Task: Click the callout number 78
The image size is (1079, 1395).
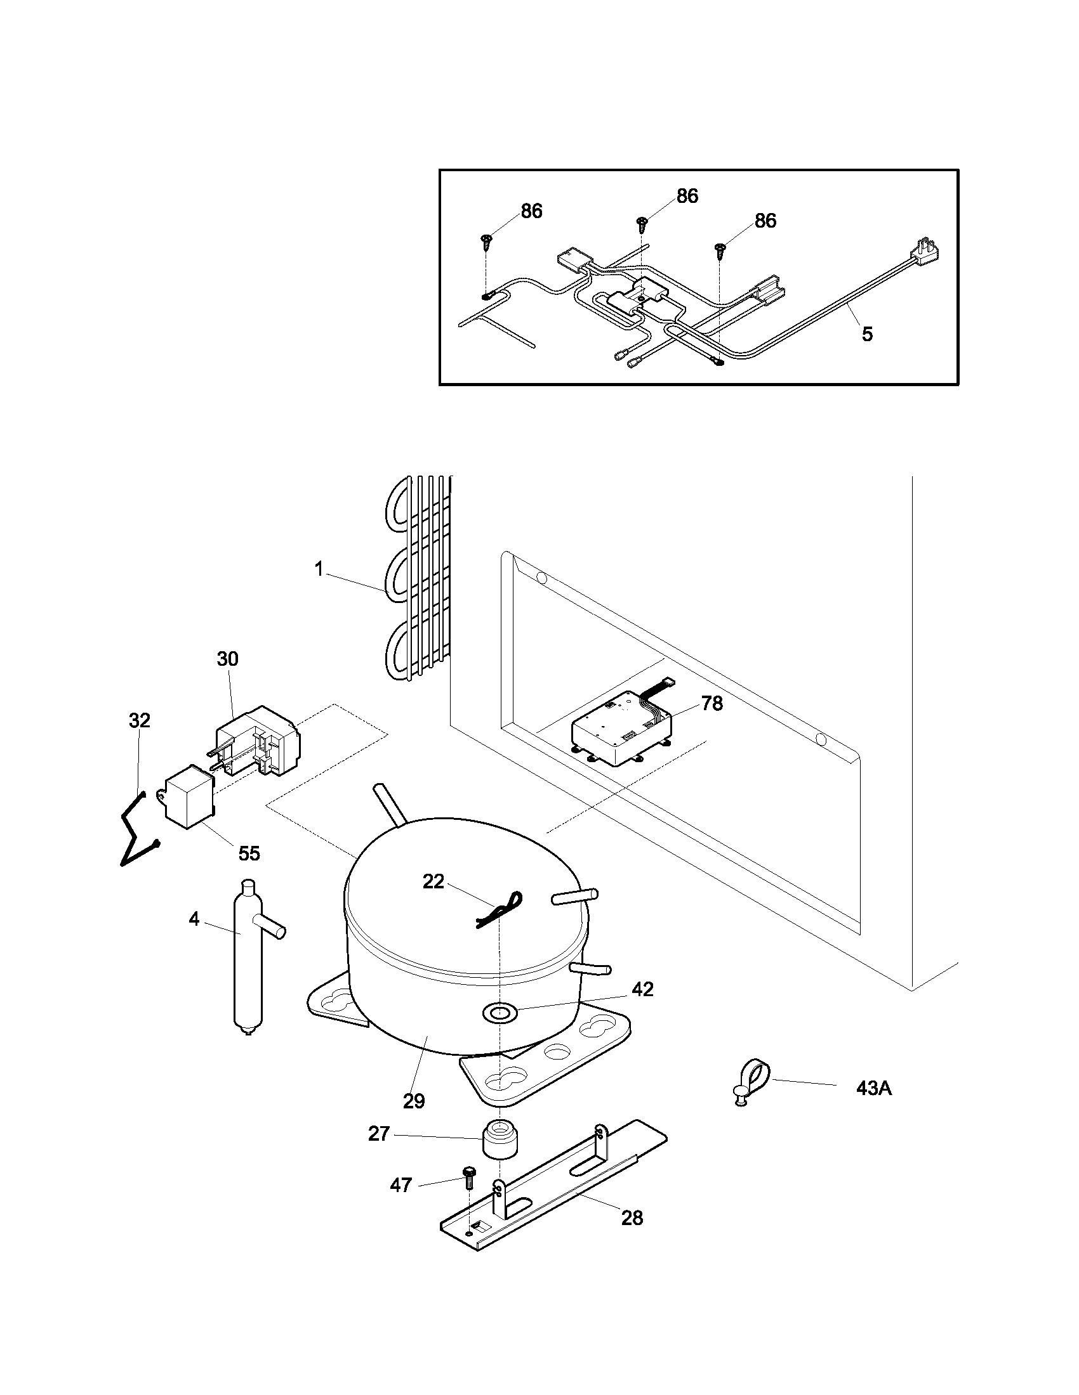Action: pyautogui.click(x=712, y=703)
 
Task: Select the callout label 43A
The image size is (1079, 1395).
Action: pyautogui.click(x=874, y=1088)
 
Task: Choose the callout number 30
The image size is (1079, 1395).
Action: pyautogui.click(x=228, y=659)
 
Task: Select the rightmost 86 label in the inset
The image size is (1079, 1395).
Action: pyautogui.click(x=765, y=221)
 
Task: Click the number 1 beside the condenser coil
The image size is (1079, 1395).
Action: pyautogui.click(x=319, y=569)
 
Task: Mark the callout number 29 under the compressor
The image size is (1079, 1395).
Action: pyautogui.click(x=414, y=1101)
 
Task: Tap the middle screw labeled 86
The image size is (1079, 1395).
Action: pyautogui.click(x=642, y=224)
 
